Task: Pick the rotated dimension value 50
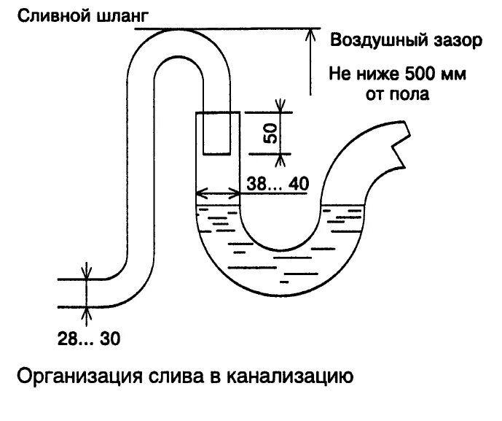click(270, 134)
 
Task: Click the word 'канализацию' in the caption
click(291, 377)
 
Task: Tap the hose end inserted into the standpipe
click(217, 134)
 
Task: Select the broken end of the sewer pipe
click(400, 145)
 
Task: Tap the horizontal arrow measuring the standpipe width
click(218, 194)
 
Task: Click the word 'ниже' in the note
click(379, 74)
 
